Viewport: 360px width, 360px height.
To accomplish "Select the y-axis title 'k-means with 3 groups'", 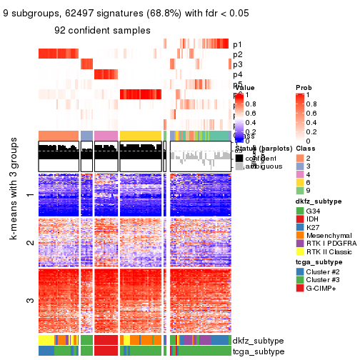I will [14, 249].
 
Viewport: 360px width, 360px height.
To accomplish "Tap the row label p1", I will [237, 44].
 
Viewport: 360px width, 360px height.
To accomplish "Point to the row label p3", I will [237, 64].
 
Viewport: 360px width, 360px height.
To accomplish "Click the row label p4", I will [237, 74].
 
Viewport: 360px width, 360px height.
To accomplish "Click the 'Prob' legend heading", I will [304, 87].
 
